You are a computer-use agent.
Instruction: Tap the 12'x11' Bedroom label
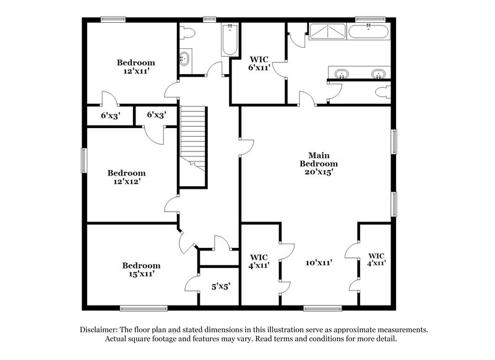coord(136,67)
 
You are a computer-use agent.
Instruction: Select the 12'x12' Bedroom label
coord(126,178)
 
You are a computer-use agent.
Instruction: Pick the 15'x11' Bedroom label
coord(140,268)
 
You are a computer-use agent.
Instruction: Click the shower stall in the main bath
coord(327,32)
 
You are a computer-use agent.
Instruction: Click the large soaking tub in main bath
coord(369,31)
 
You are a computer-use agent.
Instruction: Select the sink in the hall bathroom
coord(184,59)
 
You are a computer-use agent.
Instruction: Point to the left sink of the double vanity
coord(340,74)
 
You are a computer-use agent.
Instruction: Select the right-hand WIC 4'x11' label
coord(376,259)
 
